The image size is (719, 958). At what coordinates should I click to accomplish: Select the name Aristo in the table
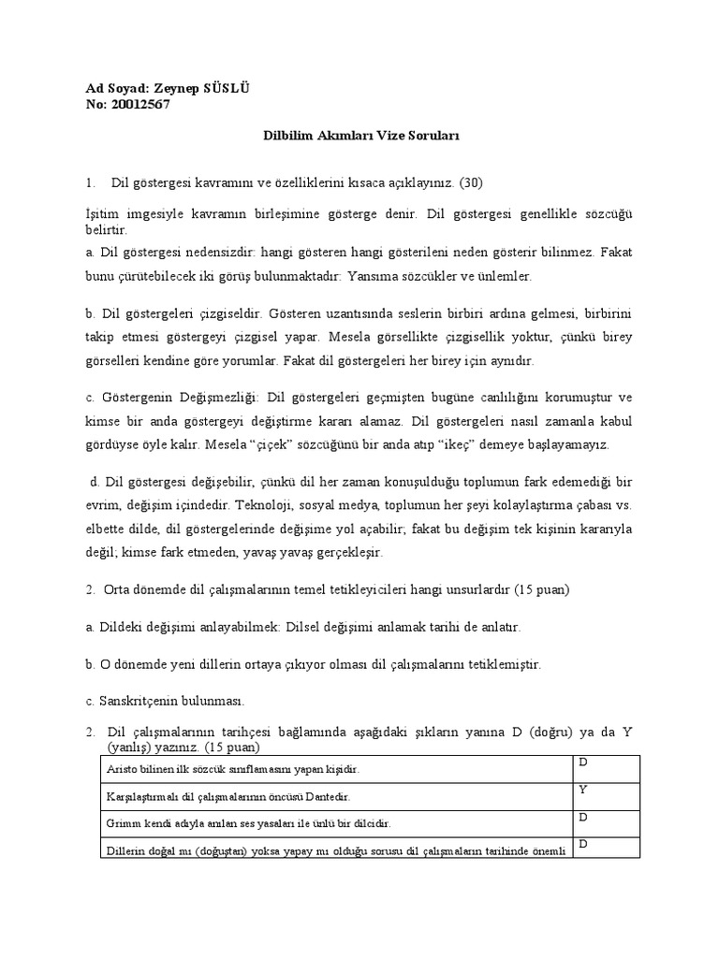[120, 768]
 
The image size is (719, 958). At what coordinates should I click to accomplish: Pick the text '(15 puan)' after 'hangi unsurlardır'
[538, 590]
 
